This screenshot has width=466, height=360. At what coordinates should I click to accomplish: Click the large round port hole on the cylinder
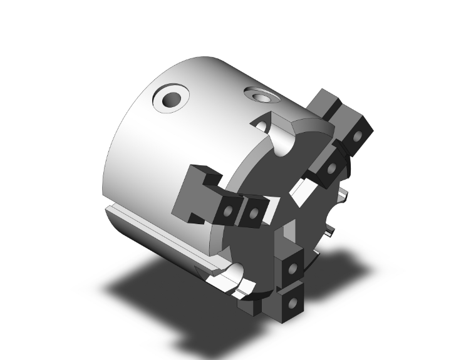tap(170, 99)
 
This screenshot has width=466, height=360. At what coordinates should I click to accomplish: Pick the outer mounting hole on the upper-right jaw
tap(358, 136)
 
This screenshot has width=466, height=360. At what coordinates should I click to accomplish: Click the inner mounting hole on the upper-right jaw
tap(331, 168)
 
